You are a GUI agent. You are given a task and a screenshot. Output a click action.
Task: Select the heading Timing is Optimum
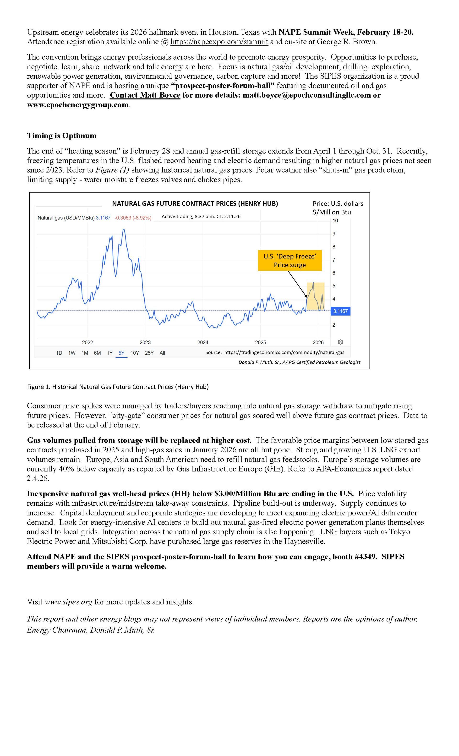point(62,136)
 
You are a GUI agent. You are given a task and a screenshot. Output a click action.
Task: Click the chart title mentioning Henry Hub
point(195,204)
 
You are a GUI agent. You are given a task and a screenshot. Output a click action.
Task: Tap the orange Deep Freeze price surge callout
point(290,261)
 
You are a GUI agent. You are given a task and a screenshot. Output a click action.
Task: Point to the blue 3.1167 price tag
point(340,311)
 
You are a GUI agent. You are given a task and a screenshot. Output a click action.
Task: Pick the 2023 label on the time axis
point(145,342)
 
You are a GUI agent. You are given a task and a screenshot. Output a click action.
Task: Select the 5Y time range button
point(121,353)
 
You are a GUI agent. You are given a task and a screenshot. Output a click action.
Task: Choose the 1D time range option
point(59,353)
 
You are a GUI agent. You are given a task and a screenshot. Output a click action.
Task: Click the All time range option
point(162,353)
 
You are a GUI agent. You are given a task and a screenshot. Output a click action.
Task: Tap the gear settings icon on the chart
point(340,342)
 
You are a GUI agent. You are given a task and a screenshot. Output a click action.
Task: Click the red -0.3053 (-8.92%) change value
point(133,218)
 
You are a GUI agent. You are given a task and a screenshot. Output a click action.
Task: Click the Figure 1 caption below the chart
point(118,387)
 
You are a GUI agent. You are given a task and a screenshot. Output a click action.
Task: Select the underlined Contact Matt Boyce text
point(145,95)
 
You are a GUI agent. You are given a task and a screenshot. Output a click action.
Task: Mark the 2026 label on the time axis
point(318,342)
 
